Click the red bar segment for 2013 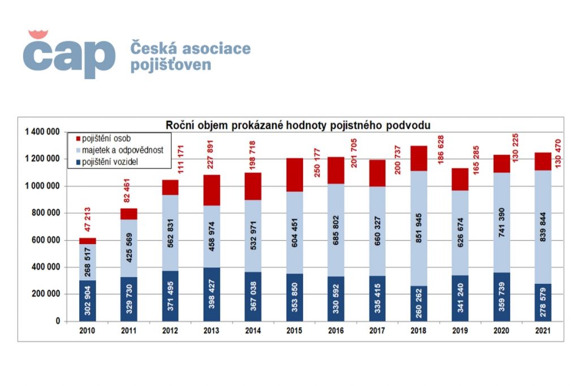tap(211, 190)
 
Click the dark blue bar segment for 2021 tap(543, 302)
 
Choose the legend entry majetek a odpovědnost tap(122, 151)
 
